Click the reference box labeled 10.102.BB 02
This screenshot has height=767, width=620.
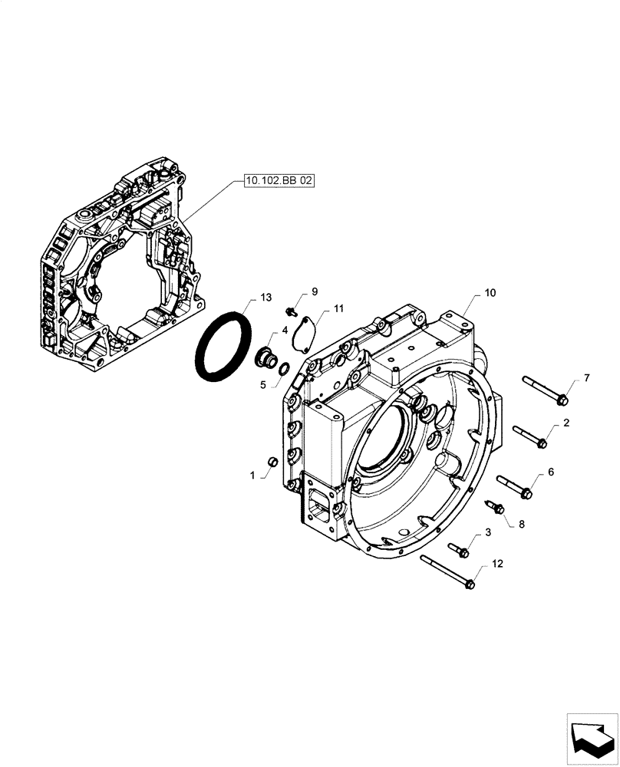[279, 181]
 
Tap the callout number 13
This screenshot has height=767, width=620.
[265, 298]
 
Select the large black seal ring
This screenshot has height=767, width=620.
[223, 345]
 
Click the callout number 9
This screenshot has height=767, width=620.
[314, 292]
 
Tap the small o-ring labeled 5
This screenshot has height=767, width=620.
[283, 370]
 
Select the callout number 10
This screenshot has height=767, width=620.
[490, 294]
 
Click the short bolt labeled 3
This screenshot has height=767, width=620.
[459, 548]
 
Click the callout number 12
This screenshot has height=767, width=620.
[497, 564]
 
